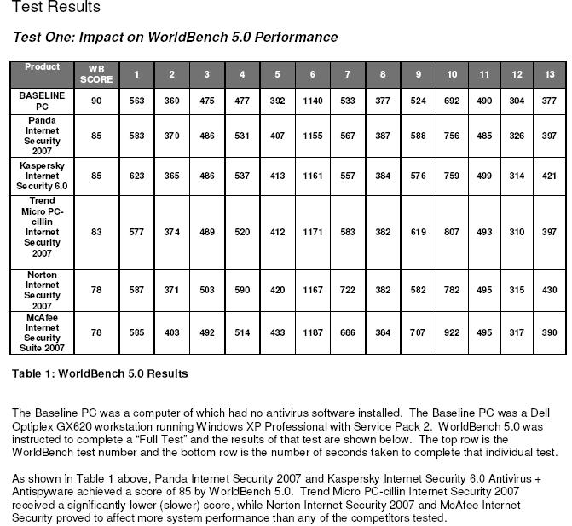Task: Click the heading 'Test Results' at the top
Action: coord(55,8)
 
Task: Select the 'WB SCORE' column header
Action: coord(95,74)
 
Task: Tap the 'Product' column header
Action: coord(42,66)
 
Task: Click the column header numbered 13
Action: coord(549,74)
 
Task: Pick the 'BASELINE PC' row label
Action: coord(42,101)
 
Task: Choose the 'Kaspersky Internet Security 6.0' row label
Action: coord(42,175)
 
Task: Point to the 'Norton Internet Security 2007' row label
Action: coord(42,290)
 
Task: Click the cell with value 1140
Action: coord(313,101)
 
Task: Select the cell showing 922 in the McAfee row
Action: coord(452,332)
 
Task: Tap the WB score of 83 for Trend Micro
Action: coord(95,231)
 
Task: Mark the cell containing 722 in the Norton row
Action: coord(347,290)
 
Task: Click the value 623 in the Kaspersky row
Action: coord(136,175)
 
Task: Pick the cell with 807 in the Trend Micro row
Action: coord(452,231)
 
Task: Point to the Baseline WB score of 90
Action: coord(95,101)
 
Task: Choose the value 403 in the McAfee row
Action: coord(171,332)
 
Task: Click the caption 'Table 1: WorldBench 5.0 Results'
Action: coord(100,373)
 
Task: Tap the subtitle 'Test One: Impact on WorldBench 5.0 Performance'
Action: coord(175,38)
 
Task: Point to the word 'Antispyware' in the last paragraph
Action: coord(43,492)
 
